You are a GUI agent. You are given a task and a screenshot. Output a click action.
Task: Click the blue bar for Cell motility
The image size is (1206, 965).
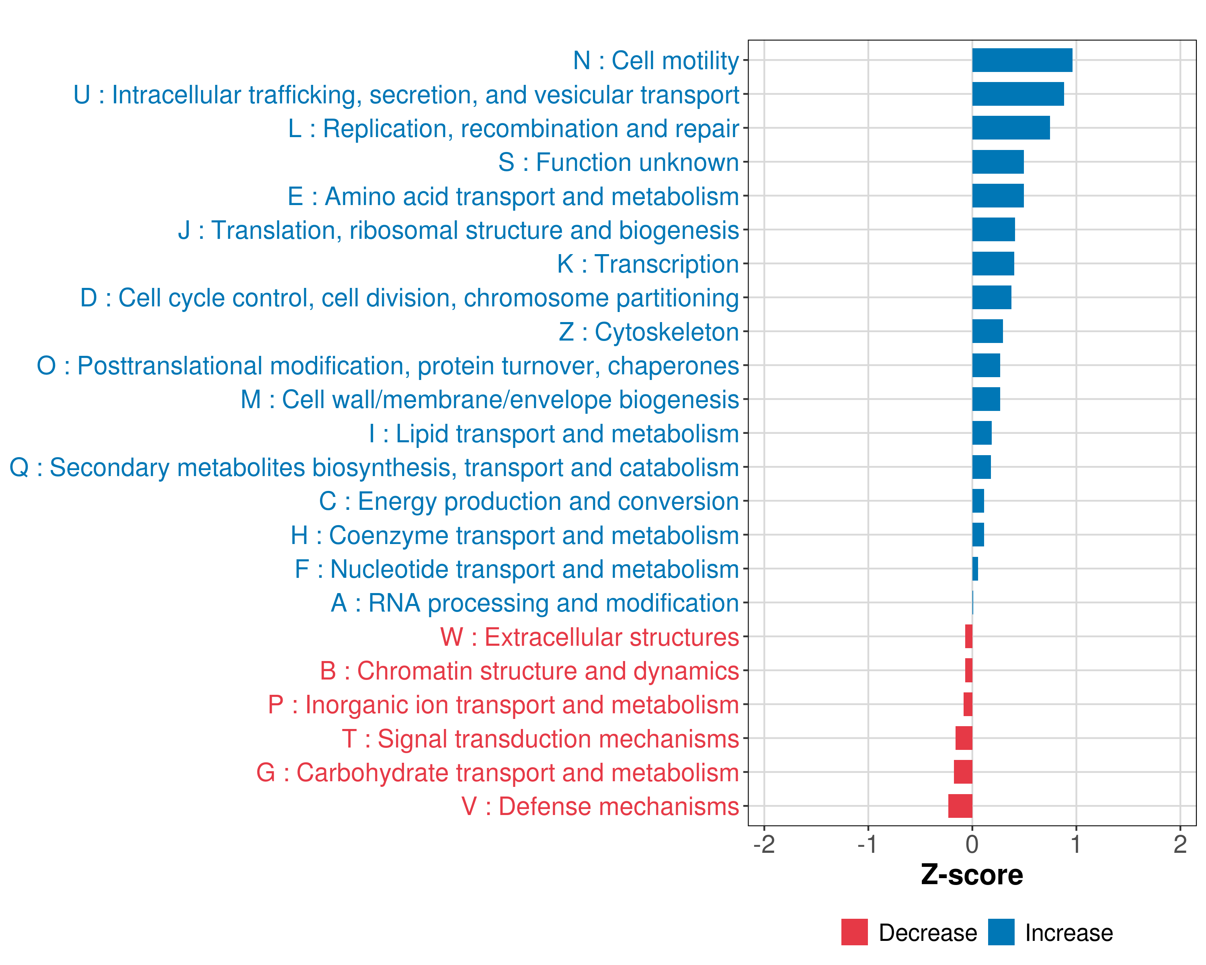pyautogui.click(x=1022, y=60)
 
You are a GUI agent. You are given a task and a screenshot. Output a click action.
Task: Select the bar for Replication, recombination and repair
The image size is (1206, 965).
pyautogui.click(x=1010, y=128)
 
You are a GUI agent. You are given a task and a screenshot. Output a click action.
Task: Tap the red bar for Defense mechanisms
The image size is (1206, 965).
pyautogui.click(x=960, y=806)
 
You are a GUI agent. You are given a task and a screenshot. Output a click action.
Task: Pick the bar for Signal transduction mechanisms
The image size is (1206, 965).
pyautogui.click(x=963, y=739)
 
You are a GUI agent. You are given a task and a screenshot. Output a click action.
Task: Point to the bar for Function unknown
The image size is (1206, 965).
pyautogui.click(x=997, y=162)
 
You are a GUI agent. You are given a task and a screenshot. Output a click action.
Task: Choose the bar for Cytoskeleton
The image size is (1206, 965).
pyautogui.click(x=987, y=332)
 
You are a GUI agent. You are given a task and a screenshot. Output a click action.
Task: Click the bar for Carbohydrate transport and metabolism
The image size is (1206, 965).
pyautogui.click(x=963, y=772)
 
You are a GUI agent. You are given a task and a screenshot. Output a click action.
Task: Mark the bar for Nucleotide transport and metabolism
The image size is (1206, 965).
pyautogui.click(x=975, y=569)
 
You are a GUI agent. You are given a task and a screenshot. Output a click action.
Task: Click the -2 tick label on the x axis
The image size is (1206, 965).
pyautogui.click(x=764, y=844)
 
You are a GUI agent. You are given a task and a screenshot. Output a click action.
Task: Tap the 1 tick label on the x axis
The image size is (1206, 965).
pyautogui.click(x=1076, y=844)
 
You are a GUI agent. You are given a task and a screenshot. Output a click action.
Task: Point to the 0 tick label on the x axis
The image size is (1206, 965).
pyautogui.click(x=972, y=844)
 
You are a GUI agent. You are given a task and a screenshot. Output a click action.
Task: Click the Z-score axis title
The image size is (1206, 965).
pyautogui.click(x=972, y=875)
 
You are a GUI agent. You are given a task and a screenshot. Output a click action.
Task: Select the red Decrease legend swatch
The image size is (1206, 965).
pyautogui.click(x=854, y=932)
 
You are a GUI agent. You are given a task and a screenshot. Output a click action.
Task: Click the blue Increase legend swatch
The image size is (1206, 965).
pyautogui.click(x=1001, y=932)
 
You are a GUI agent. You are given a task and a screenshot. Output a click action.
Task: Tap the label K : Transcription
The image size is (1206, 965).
pyautogui.click(x=648, y=264)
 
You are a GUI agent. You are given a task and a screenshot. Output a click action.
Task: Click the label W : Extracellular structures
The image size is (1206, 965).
pyautogui.click(x=590, y=637)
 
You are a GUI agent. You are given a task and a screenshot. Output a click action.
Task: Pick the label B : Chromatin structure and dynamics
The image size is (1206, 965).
pyautogui.click(x=529, y=671)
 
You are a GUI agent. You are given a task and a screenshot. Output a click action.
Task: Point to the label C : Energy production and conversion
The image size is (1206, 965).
pyautogui.click(x=529, y=501)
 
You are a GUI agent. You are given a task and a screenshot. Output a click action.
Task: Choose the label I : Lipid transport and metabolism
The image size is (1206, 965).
pyautogui.click(x=554, y=433)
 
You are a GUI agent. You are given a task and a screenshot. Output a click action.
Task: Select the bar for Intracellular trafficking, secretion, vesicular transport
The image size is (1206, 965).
pyautogui.click(x=1017, y=94)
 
